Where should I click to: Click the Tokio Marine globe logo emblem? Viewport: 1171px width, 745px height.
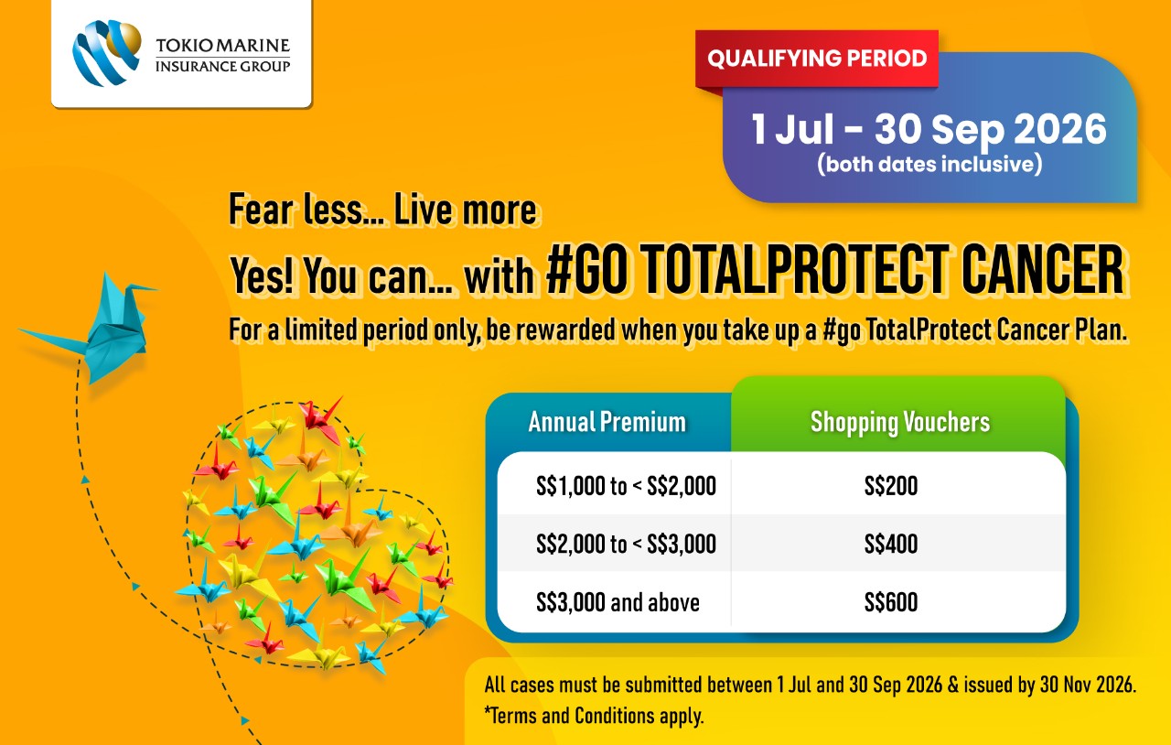pyautogui.click(x=107, y=52)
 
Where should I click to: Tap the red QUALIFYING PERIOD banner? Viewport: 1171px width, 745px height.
pyautogui.click(x=817, y=59)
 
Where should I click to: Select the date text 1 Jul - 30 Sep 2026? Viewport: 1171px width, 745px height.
pyautogui.click(x=929, y=129)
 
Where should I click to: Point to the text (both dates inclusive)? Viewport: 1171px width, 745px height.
pyautogui.click(x=929, y=164)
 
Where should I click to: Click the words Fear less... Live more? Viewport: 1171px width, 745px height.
pyautogui.click(x=382, y=210)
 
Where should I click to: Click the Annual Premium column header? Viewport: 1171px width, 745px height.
pyautogui.click(x=607, y=422)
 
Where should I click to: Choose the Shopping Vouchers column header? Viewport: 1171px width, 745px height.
pyautogui.click(x=900, y=423)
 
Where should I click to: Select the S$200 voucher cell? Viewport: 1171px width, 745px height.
pyautogui.click(x=891, y=486)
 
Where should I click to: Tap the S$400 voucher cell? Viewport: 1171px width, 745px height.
pyautogui.click(x=891, y=544)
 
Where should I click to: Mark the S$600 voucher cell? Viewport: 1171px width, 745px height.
pyautogui.click(x=891, y=602)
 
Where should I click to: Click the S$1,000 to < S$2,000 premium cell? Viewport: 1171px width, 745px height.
pyautogui.click(x=626, y=486)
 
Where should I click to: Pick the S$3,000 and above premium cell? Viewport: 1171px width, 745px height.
pyautogui.click(x=618, y=602)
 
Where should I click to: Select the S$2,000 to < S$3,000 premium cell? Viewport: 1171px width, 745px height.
pyautogui.click(x=626, y=544)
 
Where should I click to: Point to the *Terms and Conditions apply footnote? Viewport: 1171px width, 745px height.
pyautogui.click(x=594, y=716)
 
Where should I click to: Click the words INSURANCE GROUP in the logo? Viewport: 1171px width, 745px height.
pyautogui.click(x=222, y=67)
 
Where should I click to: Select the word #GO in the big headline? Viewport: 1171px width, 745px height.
pyautogui.click(x=585, y=271)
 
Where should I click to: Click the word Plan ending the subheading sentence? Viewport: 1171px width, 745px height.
pyautogui.click(x=1100, y=329)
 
